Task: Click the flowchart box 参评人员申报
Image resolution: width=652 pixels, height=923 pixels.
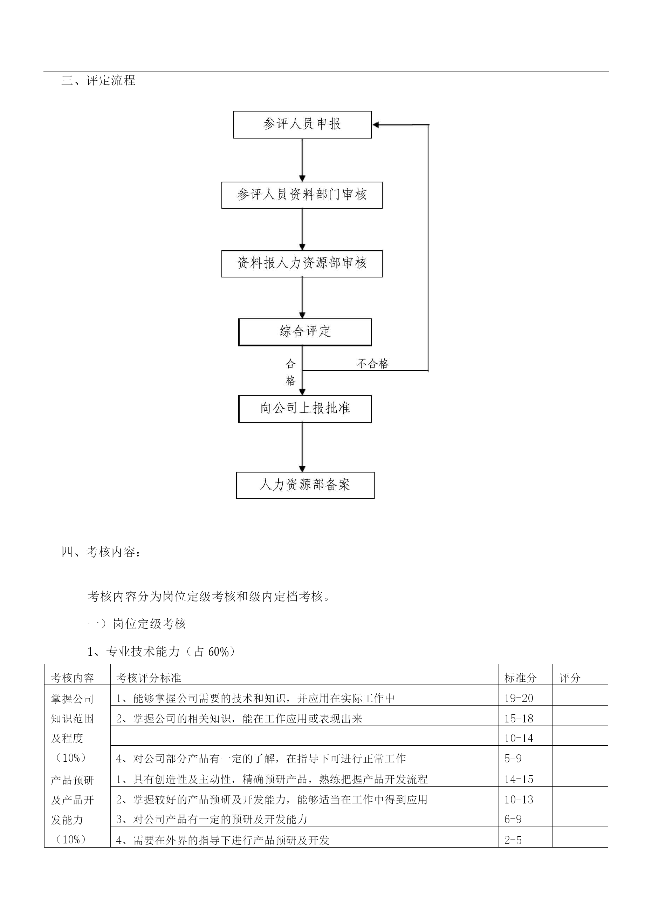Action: [302, 124]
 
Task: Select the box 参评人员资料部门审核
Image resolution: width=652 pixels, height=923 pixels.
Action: [302, 195]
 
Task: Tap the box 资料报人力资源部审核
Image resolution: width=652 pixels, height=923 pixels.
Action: [302, 264]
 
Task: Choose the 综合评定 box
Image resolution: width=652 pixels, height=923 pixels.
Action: [305, 332]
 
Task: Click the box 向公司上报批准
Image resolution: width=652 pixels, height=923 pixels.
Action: [305, 409]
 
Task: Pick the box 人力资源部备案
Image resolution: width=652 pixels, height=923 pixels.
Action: [305, 485]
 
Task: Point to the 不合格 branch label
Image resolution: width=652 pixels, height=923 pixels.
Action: [373, 364]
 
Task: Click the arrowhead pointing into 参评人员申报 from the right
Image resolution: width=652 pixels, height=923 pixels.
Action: [376, 124]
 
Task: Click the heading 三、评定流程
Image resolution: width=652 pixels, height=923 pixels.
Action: [98, 80]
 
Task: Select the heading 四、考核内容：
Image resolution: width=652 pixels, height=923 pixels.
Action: [101, 552]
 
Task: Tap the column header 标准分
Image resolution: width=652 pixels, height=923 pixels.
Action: [520, 678]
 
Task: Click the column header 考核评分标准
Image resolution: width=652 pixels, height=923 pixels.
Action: [149, 678]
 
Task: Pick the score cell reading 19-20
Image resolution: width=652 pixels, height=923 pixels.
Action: [519, 698]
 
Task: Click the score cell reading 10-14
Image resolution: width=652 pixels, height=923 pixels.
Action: [519, 738]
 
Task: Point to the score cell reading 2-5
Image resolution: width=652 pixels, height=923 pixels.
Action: [513, 840]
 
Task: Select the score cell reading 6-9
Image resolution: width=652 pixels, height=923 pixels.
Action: [513, 819]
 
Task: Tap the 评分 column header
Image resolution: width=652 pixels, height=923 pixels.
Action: [570, 678]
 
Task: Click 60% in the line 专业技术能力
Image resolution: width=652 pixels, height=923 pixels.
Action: [219, 652]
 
